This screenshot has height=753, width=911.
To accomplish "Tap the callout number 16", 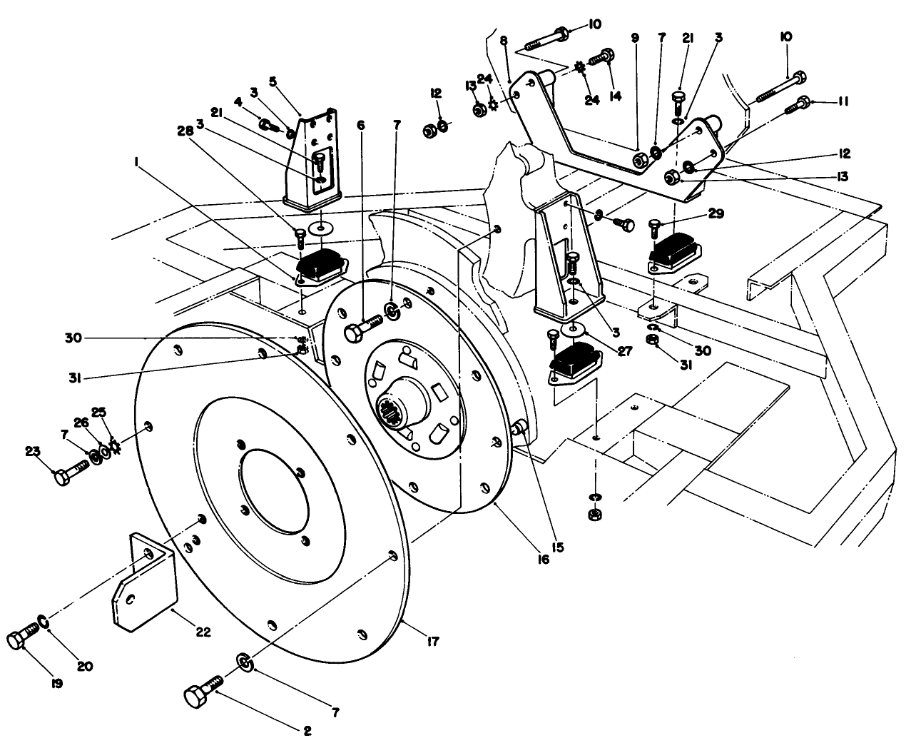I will tap(544, 560).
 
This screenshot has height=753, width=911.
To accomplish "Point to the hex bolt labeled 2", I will tap(201, 694).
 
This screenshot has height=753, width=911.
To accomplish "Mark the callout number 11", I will tap(843, 102).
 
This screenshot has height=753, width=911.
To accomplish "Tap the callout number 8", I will tap(504, 42).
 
